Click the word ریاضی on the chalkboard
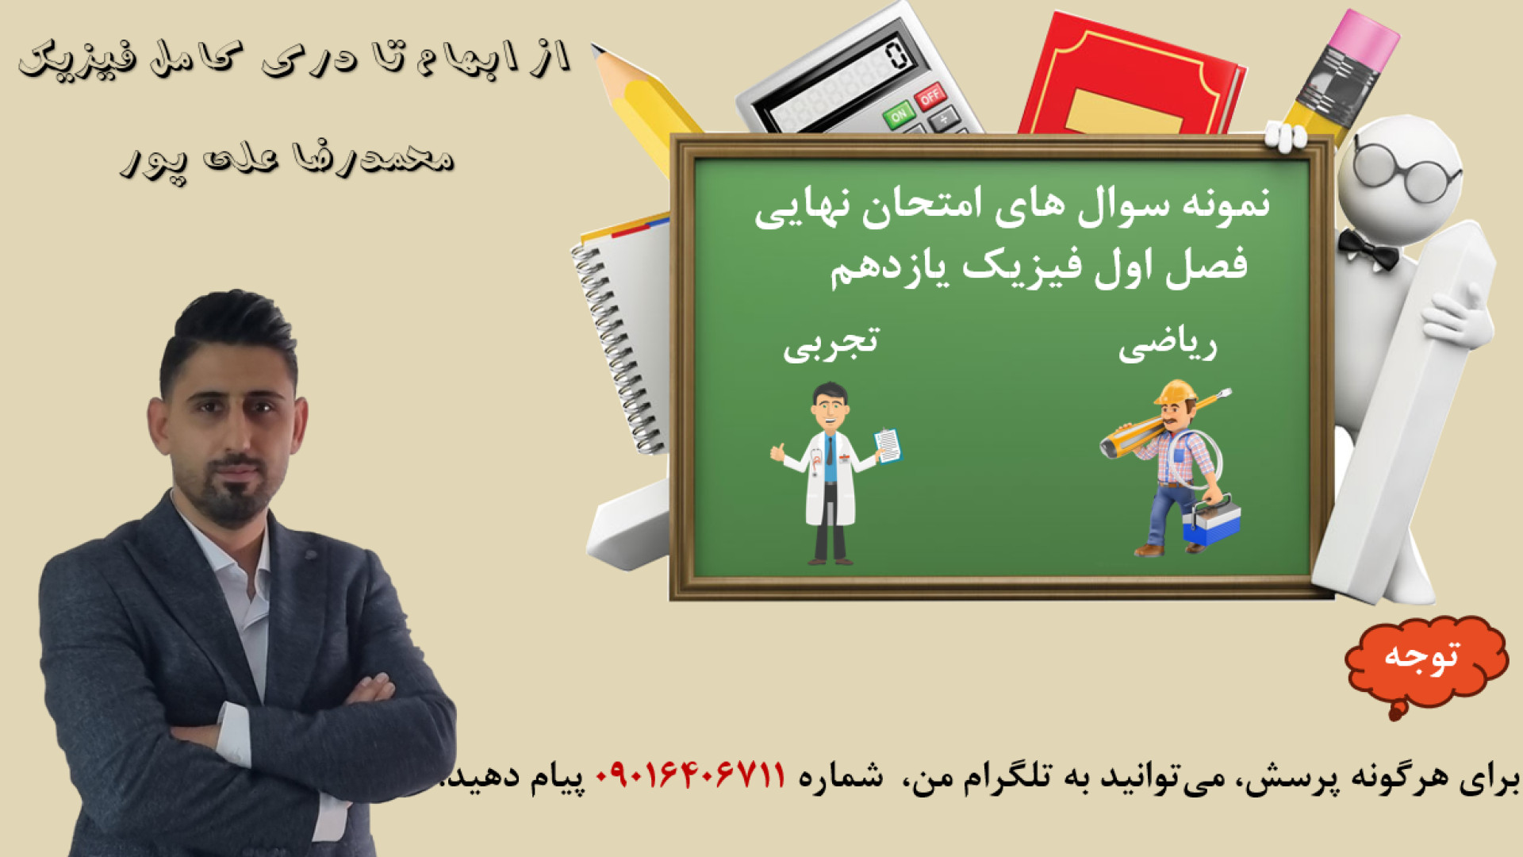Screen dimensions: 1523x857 pyautogui.click(x=1168, y=347)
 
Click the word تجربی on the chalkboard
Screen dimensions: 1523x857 pyautogui.click(x=831, y=344)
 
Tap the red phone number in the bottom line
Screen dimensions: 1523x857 pyautogui.click(x=690, y=774)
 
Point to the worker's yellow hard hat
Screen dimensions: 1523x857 pyautogui.click(x=1176, y=392)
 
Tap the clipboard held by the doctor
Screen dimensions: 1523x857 pyautogui.click(x=888, y=445)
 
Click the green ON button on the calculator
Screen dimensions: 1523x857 pyautogui.click(x=899, y=115)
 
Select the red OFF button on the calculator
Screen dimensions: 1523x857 pyautogui.click(x=930, y=96)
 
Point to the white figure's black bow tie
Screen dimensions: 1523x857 pyautogui.click(x=1367, y=248)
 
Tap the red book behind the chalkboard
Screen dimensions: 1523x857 pyautogui.click(x=1130, y=75)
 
